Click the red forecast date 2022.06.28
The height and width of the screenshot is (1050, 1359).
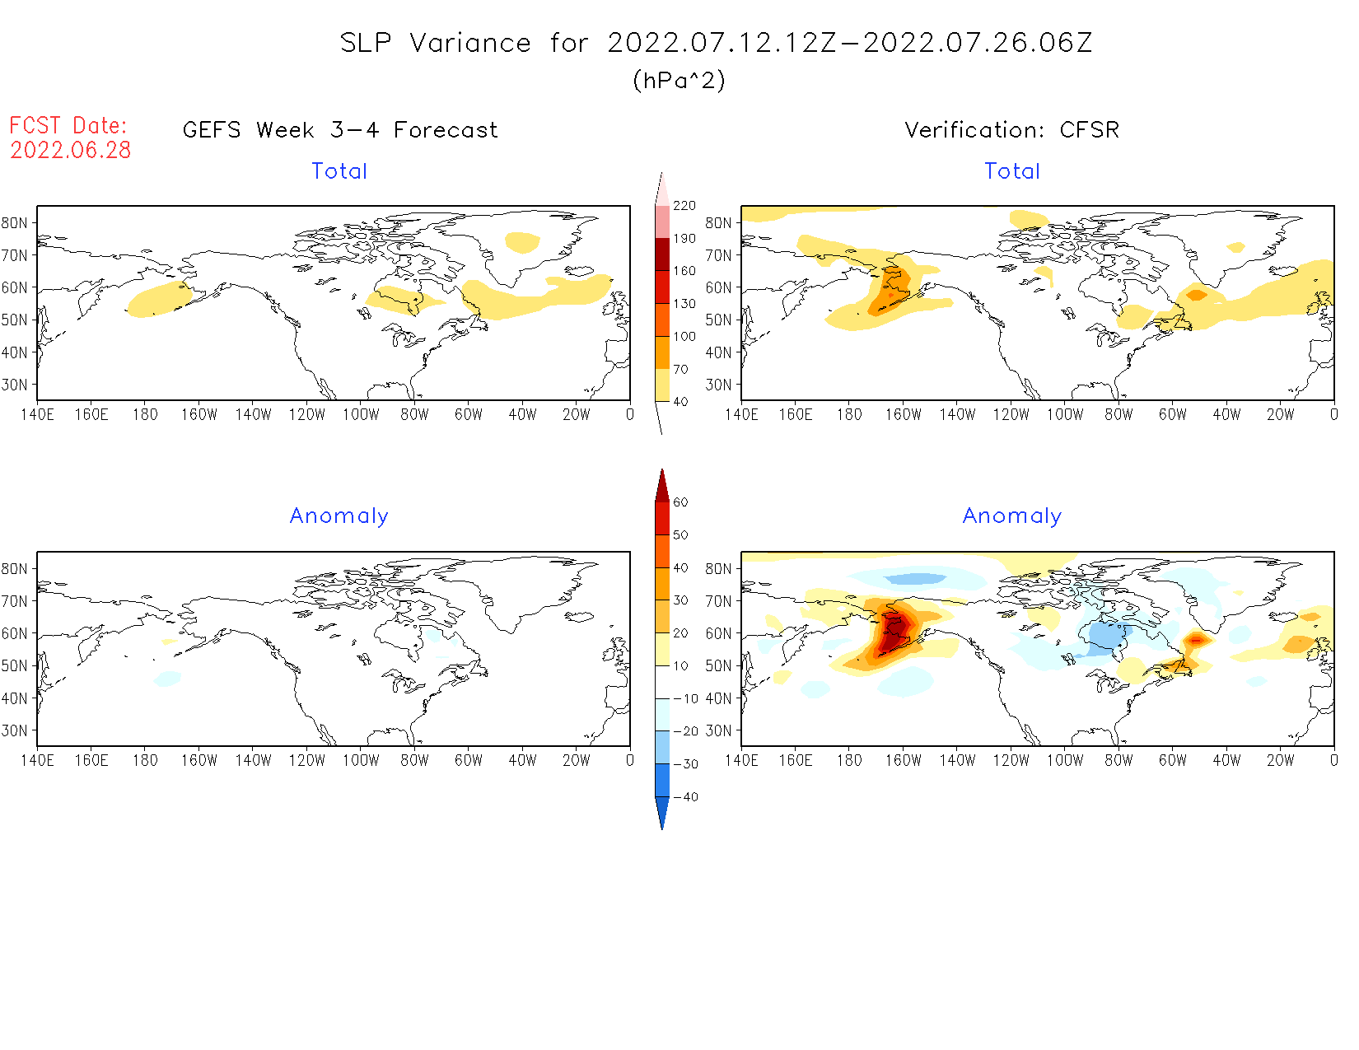point(71,150)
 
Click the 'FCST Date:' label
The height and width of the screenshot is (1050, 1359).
point(68,125)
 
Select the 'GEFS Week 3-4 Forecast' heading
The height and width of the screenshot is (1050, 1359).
point(340,130)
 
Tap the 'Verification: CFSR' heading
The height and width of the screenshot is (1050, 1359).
point(1011,130)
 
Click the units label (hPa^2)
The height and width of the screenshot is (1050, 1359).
point(679,80)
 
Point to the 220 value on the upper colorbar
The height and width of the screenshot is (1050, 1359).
point(684,206)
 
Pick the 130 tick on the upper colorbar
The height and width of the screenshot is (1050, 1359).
point(684,304)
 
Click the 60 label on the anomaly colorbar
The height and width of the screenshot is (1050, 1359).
point(680,502)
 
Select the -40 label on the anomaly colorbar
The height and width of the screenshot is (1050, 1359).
point(685,797)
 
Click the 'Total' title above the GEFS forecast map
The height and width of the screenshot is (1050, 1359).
point(339,171)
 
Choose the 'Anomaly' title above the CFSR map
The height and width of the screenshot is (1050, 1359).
point(1012,516)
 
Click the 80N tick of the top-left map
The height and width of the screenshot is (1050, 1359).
point(15,223)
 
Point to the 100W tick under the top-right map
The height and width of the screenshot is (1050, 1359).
point(1065,415)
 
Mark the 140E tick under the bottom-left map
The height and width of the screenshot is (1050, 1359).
point(38,760)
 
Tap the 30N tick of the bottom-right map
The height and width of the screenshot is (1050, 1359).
point(718,730)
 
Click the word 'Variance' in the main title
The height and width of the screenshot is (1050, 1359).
point(470,43)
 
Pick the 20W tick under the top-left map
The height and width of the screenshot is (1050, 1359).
point(576,415)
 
